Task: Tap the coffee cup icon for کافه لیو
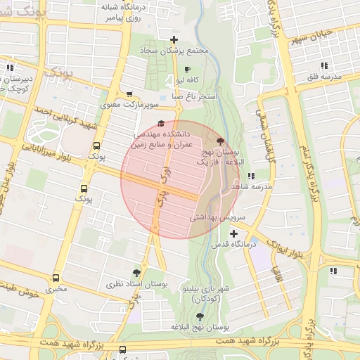click(x=187, y=69)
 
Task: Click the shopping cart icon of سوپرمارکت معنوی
click(x=129, y=94)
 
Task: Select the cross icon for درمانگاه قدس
click(x=233, y=233)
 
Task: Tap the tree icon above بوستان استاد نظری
click(x=136, y=272)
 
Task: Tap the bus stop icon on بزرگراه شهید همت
click(x=123, y=349)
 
